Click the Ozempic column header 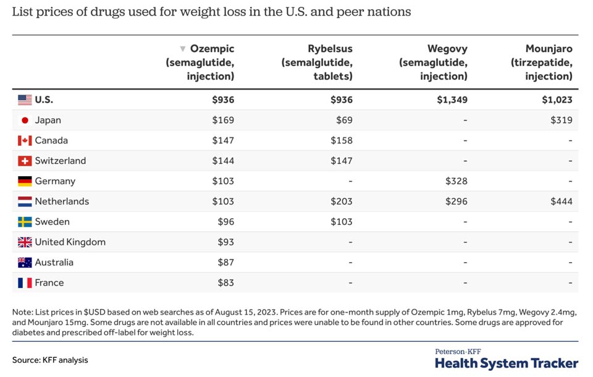point(200,62)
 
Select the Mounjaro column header point(542,62)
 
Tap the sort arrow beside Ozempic point(183,49)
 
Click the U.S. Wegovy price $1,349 point(452,100)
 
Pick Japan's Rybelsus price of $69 point(344,121)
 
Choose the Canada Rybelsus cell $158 point(342,140)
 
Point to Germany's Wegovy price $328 point(456,181)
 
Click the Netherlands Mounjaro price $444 point(561,201)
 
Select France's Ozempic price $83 point(226,283)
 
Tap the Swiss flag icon point(25,161)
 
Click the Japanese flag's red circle point(25,121)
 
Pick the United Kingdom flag point(25,242)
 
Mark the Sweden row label point(52,222)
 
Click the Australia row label point(54,262)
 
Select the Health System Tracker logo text point(507,363)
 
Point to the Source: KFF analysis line point(50,360)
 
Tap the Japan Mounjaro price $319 point(561,121)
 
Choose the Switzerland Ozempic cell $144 point(223,161)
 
